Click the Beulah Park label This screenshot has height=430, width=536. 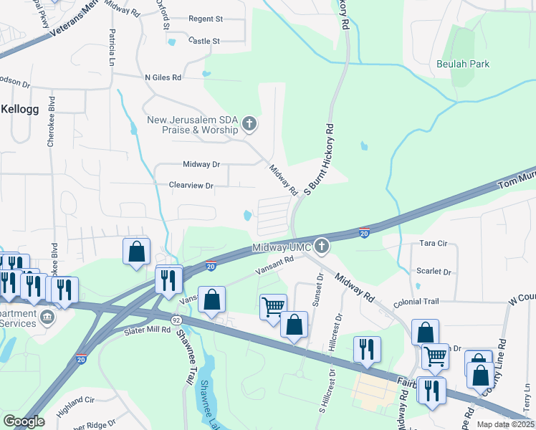[x=463, y=64]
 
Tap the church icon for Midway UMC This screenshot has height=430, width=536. [x=322, y=247]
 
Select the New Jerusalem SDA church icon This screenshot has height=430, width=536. [x=249, y=125]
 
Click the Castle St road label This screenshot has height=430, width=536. [x=204, y=42]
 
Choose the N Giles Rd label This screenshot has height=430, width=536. [x=163, y=77]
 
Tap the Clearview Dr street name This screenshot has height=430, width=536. [x=191, y=186]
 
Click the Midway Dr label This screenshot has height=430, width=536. [x=200, y=164]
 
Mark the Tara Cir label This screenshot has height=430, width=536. [x=434, y=244]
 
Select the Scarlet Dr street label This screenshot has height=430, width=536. [x=434, y=272]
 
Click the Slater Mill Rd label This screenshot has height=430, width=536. [x=146, y=330]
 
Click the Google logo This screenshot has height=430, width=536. [x=24, y=421]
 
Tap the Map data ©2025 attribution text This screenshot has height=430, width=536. [x=505, y=424]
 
